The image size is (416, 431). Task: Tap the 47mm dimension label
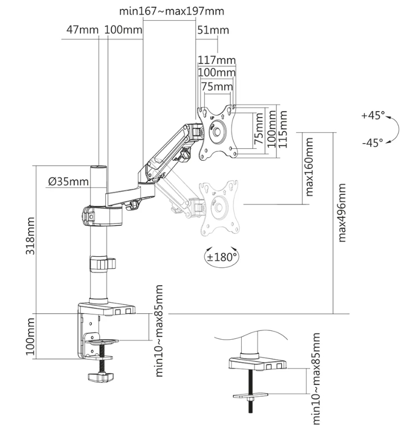[x=82, y=30]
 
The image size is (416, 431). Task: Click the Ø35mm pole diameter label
[x=68, y=182]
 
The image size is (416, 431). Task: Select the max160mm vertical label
[x=310, y=166]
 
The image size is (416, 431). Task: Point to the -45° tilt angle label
[x=372, y=141]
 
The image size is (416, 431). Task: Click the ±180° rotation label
[x=220, y=256]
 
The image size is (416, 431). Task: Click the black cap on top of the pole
[x=98, y=168]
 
